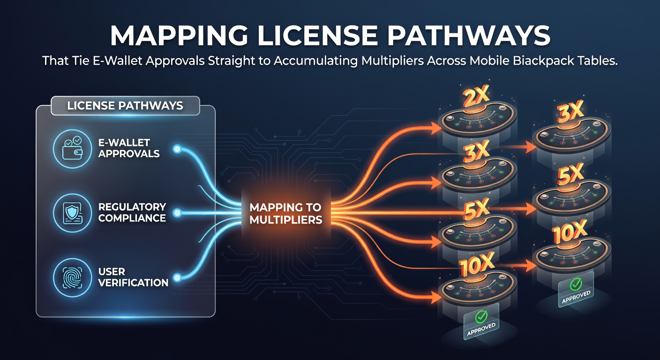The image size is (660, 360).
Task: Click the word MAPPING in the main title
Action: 179,36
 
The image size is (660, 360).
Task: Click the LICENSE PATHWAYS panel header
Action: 125,106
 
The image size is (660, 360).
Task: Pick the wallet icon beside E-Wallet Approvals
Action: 73,149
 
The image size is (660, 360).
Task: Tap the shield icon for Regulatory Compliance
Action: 73,213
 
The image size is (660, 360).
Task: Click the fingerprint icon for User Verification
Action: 73,277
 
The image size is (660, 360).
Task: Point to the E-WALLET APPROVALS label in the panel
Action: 129,148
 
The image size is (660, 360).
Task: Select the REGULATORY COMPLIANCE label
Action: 132,212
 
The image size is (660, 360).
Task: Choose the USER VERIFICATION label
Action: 133,277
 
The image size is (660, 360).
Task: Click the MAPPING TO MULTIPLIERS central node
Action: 285,214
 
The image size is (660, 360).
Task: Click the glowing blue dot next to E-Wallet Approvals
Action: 177,149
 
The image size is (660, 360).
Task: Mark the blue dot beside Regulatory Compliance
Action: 177,213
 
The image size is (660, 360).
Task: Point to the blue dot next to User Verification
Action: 177,277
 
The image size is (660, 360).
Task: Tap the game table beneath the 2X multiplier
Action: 477,120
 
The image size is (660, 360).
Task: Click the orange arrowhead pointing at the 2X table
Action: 436,128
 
